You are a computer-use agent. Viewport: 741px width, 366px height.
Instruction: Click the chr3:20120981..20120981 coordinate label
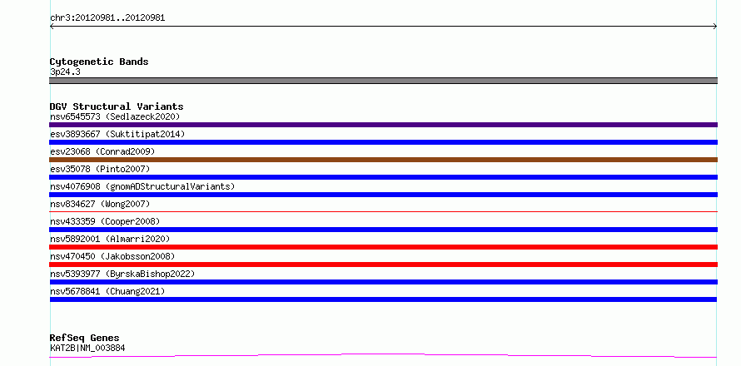(x=107, y=18)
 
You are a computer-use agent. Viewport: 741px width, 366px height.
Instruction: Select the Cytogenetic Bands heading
(x=99, y=62)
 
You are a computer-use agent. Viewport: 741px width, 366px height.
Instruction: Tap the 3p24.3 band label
(x=65, y=72)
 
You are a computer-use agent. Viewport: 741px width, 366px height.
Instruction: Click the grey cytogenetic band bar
(x=383, y=81)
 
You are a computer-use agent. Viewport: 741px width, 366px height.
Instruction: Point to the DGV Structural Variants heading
(x=117, y=106)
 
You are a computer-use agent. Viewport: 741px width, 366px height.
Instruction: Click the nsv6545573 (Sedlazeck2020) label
(x=115, y=116)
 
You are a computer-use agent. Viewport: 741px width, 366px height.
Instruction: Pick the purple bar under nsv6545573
(x=383, y=125)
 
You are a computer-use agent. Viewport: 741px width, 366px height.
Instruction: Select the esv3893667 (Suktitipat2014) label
(x=117, y=134)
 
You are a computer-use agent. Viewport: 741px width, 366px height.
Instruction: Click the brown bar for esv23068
(x=383, y=160)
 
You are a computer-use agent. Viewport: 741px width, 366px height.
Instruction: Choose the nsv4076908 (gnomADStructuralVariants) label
(x=142, y=186)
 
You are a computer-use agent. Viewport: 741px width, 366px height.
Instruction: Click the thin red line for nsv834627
(x=383, y=211)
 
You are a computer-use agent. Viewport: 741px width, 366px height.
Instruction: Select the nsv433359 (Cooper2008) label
(x=105, y=221)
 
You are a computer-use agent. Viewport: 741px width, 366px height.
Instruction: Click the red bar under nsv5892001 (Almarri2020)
(x=383, y=247)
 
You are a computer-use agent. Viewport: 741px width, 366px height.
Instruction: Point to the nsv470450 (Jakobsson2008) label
(x=112, y=256)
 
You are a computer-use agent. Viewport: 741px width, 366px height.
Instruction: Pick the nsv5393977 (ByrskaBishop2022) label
(x=122, y=274)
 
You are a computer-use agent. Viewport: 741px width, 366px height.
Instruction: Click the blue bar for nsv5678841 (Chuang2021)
(x=383, y=299)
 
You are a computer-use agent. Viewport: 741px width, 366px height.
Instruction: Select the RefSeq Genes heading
(x=85, y=338)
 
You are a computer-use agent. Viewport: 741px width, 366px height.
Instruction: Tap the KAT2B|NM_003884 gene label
(x=87, y=348)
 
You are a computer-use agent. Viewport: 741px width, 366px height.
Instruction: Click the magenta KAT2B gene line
(x=383, y=354)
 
